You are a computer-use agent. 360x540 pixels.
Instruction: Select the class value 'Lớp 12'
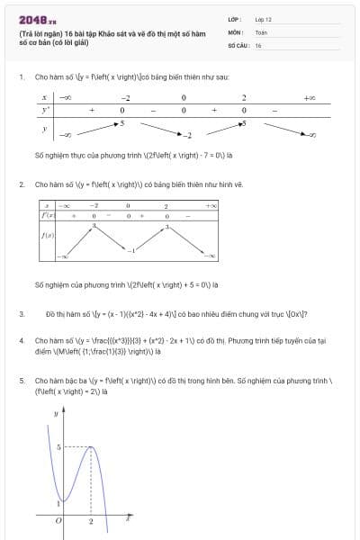pyautogui.click(x=263, y=18)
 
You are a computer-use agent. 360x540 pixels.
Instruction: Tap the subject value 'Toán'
pyautogui.click(x=261, y=31)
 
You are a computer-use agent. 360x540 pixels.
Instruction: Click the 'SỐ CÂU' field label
pyautogui.click(x=237, y=45)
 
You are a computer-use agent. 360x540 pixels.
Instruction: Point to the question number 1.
pyautogui.click(x=21, y=77)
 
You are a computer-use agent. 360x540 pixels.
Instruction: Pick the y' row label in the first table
pyautogui.click(x=44, y=110)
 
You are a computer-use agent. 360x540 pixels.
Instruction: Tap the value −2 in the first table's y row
pyautogui.click(x=188, y=136)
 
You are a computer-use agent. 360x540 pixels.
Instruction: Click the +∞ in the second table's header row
pyautogui.click(x=211, y=206)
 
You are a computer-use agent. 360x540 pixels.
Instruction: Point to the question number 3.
pyautogui.click(x=21, y=314)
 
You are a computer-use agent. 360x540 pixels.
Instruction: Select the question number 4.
pyautogui.click(x=21, y=341)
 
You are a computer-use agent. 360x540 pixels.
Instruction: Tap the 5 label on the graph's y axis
pyautogui.click(x=57, y=446)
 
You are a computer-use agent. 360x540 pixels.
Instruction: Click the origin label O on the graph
pyautogui.click(x=58, y=520)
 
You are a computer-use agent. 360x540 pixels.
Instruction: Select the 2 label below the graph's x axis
pyautogui.click(x=91, y=521)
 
